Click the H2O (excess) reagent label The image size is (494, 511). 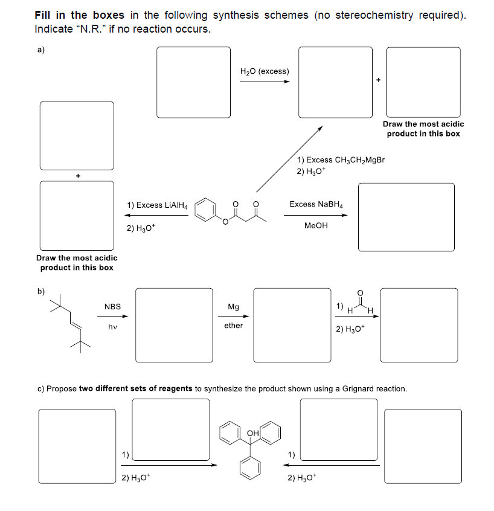(x=265, y=71)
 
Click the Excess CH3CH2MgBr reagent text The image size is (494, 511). (x=341, y=160)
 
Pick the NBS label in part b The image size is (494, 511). (x=112, y=307)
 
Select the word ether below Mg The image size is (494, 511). (x=233, y=326)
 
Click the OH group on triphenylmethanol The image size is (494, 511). (x=254, y=433)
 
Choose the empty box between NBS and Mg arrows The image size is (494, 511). (x=174, y=324)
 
